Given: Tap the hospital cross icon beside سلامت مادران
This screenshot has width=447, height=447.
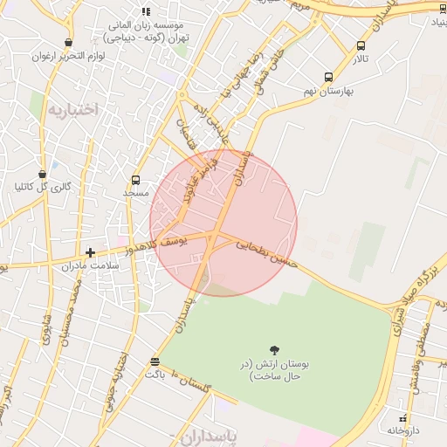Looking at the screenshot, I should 90,252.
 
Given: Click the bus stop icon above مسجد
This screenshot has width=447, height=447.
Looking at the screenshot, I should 135,180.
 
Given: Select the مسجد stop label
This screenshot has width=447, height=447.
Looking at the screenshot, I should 136,192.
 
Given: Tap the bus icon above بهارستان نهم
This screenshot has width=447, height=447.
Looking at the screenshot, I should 328,77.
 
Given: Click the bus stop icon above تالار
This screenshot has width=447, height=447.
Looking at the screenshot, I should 361,45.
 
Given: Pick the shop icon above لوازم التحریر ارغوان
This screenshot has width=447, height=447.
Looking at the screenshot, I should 68,43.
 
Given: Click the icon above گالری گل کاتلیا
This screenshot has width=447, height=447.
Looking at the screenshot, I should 43,174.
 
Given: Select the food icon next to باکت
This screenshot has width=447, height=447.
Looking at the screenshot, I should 155,361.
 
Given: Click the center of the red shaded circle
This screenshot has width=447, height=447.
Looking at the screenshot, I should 223,223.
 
